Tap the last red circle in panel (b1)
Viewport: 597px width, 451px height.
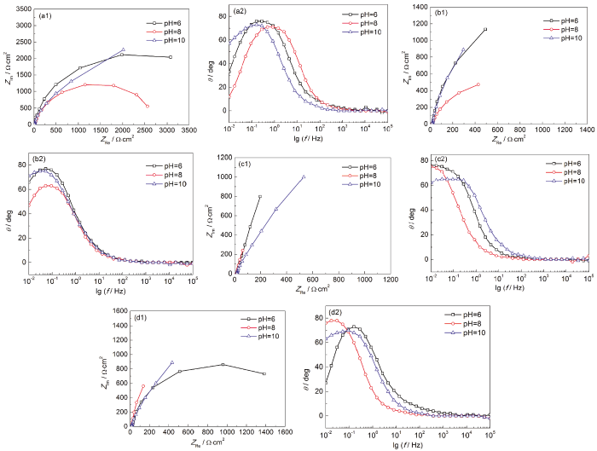point(478,84)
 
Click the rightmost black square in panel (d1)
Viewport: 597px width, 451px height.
point(264,373)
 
